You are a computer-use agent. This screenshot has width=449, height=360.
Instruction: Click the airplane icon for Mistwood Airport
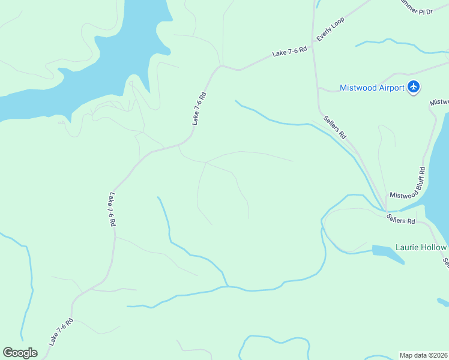point(413,87)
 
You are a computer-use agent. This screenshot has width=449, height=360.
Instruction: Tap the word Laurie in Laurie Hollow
point(408,247)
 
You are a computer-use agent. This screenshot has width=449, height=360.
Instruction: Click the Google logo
point(20,353)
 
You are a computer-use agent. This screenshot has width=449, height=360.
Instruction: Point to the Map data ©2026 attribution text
point(424,355)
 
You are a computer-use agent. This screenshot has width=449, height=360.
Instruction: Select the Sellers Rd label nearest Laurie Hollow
point(401,219)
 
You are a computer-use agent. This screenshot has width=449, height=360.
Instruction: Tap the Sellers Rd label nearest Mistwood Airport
point(335,127)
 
